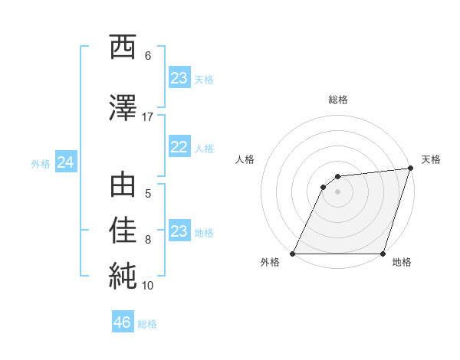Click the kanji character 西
click(123, 47)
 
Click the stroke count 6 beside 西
click(148, 55)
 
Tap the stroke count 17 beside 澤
click(148, 116)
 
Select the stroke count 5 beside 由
click(148, 193)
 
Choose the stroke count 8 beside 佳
click(148, 239)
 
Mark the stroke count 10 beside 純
click(148, 285)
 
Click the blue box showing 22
click(179, 148)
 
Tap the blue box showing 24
click(65, 162)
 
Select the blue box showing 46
click(123, 322)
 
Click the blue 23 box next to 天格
click(179, 78)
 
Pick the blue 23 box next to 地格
click(179, 231)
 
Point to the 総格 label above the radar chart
click(337, 100)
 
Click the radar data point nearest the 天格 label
click(410, 169)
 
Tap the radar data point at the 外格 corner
click(292, 254)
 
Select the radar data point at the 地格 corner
click(383, 254)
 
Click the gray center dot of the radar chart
click(337, 191)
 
